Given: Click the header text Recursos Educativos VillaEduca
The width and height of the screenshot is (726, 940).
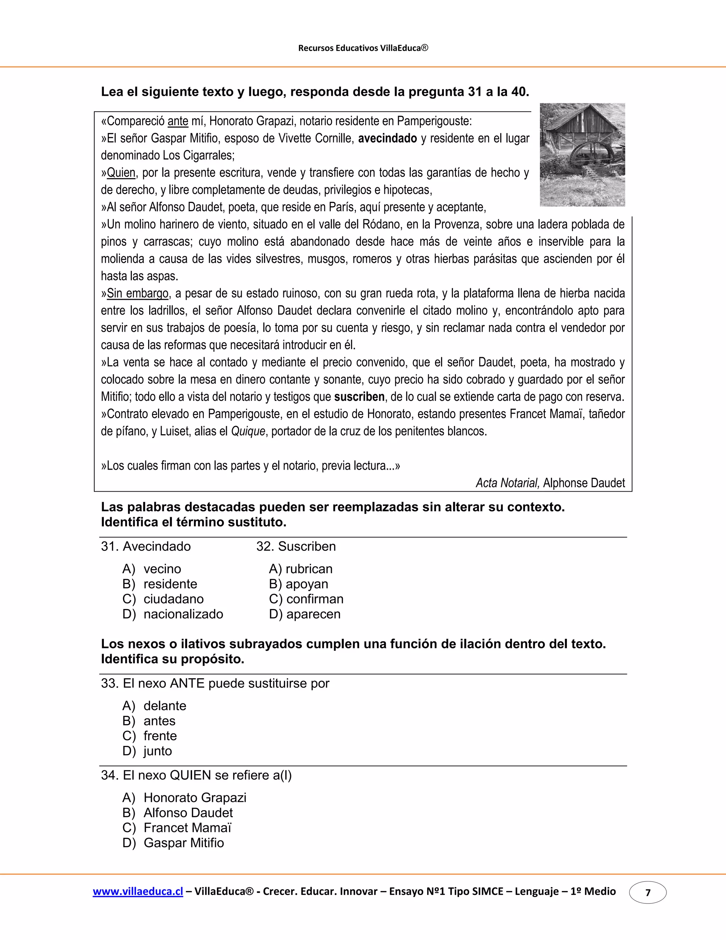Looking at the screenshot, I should (363, 48).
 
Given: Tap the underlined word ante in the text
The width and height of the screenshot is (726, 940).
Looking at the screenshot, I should (178, 121).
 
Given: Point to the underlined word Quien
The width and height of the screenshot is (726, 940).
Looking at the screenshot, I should (121, 173).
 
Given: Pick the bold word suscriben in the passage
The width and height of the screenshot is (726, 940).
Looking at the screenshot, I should (359, 397).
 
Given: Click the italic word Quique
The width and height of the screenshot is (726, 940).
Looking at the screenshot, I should (248, 431).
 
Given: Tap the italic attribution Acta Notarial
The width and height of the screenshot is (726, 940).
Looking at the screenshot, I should (507, 483).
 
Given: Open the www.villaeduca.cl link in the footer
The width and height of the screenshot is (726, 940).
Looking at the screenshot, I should (138, 891).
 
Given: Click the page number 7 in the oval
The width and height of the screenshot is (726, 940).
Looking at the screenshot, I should (648, 893).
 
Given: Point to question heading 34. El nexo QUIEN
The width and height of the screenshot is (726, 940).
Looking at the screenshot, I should (196, 775).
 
